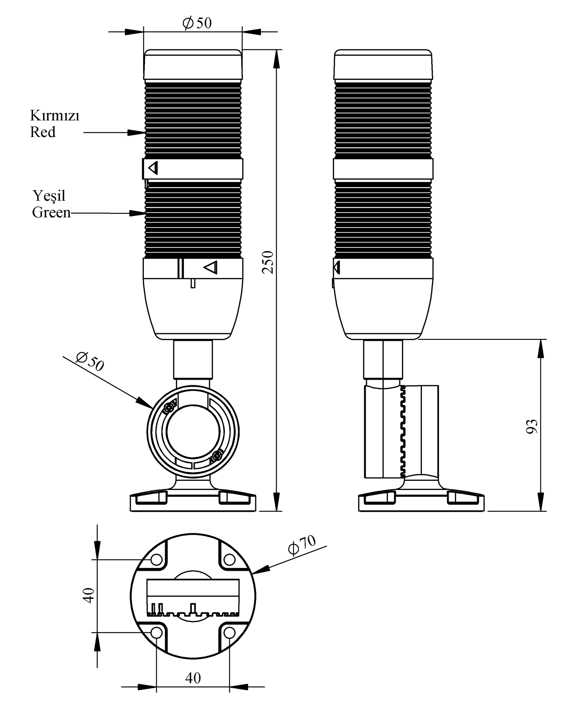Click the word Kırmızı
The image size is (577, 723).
pyautogui.click(x=55, y=115)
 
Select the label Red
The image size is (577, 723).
pyautogui.click(x=43, y=132)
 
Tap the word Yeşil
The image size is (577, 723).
pyautogui.click(x=49, y=196)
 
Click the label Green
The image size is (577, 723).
pyautogui.click(x=52, y=213)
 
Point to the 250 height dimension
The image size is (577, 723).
pyautogui.click(x=268, y=262)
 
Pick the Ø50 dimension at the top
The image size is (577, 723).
pyautogui.click(x=197, y=23)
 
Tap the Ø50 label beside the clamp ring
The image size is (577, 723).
pyautogui.click(x=90, y=361)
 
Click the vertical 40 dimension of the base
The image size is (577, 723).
pyautogui.click(x=89, y=595)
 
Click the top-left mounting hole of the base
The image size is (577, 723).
pyautogui.click(x=157, y=560)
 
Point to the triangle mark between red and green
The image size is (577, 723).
pyautogui.click(x=153, y=168)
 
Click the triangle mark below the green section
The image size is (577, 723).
pyautogui.click(x=211, y=267)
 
